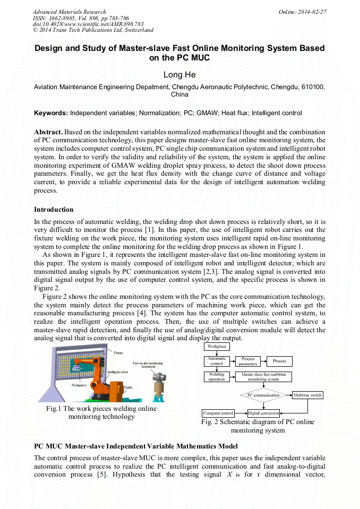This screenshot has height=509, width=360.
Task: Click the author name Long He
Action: [x=179, y=75]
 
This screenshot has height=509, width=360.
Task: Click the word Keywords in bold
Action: [x=50, y=113]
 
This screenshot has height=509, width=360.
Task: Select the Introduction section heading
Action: [x=54, y=210]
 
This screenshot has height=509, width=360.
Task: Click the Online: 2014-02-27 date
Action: [x=302, y=12]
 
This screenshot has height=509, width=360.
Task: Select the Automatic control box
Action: [x=217, y=361]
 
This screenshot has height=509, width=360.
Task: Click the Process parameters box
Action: [x=248, y=361]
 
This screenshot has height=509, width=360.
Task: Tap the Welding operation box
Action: [x=217, y=376]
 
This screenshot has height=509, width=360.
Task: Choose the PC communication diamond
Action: [x=263, y=395]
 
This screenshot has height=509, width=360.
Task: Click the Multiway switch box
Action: [x=307, y=395]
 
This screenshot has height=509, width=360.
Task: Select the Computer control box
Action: [x=218, y=413]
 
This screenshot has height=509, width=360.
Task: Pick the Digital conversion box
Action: [x=263, y=413]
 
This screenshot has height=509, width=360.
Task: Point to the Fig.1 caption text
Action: [x=101, y=413]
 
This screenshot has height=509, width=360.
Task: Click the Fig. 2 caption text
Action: [x=258, y=426]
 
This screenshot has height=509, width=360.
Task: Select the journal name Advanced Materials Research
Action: [x=69, y=12]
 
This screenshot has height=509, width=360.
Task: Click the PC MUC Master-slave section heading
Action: [x=135, y=446]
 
